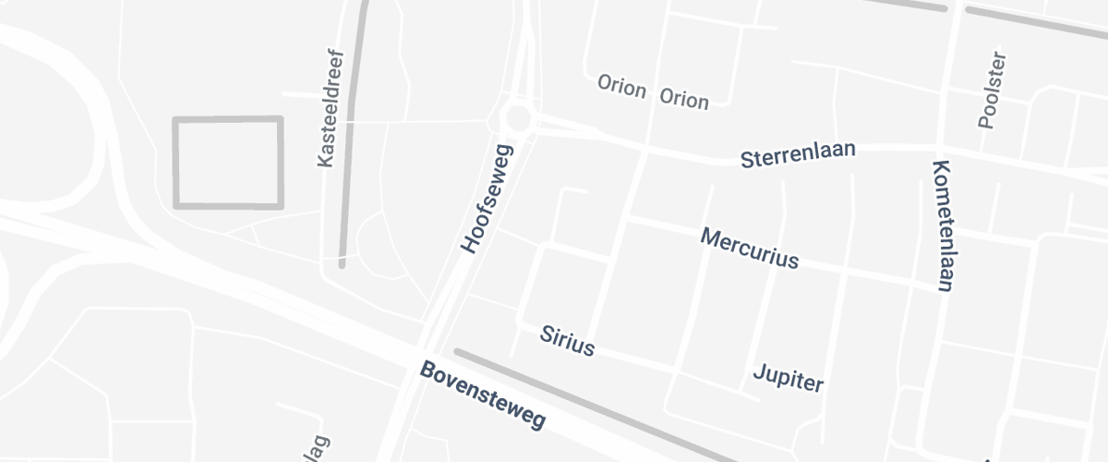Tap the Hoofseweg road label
[x=485, y=199]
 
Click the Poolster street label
[x=991, y=91]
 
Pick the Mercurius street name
[x=749, y=248]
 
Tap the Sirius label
[x=568, y=341]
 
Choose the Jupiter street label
[x=788, y=377]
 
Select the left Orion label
[x=621, y=84]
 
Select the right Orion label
[x=683, y=99]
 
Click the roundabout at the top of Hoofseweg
[x=518, y=118]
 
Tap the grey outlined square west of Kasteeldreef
[x=227, y=162]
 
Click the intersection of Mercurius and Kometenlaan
[x=941, y=286]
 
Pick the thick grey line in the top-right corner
[x=1034, y=22]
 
